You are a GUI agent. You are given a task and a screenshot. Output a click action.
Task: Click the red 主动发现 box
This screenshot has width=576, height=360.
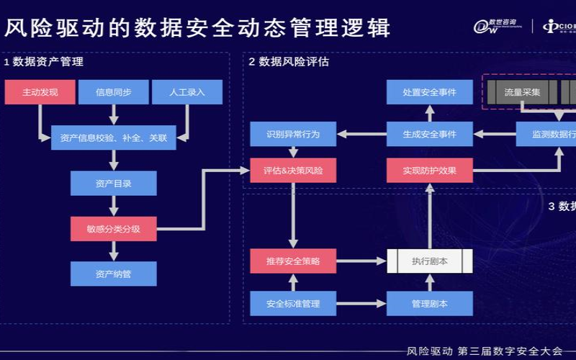coord(40,92)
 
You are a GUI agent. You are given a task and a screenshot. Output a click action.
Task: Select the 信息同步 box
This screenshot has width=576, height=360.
coord(113,92)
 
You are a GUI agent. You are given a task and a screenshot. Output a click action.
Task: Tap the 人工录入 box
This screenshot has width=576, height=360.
coord(186,92)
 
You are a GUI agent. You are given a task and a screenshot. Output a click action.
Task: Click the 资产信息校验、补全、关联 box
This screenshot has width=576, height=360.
coord(114,137)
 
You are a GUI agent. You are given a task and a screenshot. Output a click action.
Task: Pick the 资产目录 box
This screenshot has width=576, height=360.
coord(113,184)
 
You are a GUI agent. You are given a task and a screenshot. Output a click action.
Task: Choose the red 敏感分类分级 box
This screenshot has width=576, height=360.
coord(113,229)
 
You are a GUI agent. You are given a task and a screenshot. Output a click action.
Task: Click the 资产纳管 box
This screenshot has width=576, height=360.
coord(113,274)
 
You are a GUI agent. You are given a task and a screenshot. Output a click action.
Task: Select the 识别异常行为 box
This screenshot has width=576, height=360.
coord(293,134)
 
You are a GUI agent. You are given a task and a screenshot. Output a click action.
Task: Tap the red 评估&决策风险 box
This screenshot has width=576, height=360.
coord(293,171)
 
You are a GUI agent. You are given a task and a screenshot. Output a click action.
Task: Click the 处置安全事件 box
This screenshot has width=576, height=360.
coord(430,92)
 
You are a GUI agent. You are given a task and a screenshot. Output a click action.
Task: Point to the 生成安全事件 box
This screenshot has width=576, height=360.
coord(430,134)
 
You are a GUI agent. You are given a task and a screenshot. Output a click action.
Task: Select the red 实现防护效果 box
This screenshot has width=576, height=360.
coord(430,171)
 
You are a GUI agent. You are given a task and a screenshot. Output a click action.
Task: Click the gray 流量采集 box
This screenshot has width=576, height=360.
coord(522,92)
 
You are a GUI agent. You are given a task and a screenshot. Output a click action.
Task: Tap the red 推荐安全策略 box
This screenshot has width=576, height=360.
coord(293,261)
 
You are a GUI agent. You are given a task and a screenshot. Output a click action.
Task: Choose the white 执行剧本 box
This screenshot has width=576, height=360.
coord(430,261)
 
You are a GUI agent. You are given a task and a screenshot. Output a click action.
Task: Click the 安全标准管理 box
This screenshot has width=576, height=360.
coord(293,303)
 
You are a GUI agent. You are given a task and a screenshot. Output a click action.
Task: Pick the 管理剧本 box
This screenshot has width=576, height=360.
coord(430,303)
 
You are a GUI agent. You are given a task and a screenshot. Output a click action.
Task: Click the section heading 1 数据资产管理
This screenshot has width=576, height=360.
coord(44,62)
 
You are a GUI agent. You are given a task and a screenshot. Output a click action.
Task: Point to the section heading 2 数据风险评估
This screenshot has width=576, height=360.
coord(289,62)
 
